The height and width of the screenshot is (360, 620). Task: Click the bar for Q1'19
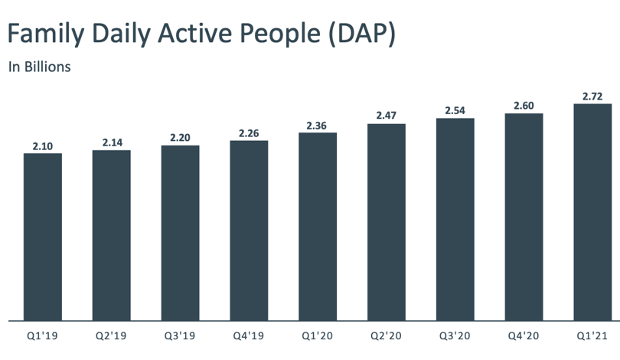(x=43, y=237)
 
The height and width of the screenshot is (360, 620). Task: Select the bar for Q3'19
(x=181, y=233)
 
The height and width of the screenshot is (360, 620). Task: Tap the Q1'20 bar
(x=318, y=227)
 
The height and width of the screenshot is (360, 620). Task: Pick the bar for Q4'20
(x=524, y=218)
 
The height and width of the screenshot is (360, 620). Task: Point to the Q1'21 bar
(x=592, y=212)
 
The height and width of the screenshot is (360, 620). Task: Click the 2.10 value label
(x=43, y=146)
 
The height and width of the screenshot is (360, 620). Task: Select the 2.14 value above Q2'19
(x=113, y=142)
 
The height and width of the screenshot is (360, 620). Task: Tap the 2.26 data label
(x=249, y=133)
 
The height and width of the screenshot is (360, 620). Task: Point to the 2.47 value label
(x=387, y=115)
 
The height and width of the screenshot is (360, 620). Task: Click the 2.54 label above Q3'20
(x=455, y=110)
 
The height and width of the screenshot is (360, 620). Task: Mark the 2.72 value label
(x=592, y=97)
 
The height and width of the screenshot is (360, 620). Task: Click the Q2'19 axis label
(x=111, y=335)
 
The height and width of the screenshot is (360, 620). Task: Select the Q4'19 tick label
(x=248, y=335)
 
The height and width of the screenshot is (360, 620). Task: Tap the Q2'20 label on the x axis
(x=386, y=335)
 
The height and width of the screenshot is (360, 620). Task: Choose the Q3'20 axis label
(x=455, y=335)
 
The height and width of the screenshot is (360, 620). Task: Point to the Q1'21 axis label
(x=592, y=335)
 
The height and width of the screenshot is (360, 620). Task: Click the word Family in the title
(x=46, y=34)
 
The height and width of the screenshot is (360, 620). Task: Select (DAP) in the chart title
(x=362, y=34)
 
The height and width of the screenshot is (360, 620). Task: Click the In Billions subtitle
(x=40, y=67)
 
